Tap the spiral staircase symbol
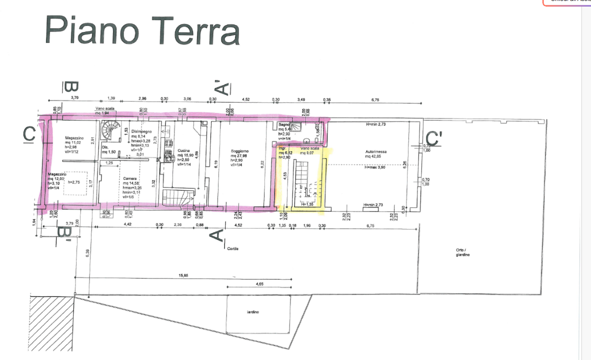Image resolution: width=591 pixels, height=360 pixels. tap(108, 131)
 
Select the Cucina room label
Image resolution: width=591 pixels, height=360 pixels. tap(183, 150)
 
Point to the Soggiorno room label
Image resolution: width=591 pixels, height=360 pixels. tap(239, 150)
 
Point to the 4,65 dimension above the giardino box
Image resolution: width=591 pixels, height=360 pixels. tap(259, 283)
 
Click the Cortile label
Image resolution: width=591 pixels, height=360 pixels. tap(233, 248)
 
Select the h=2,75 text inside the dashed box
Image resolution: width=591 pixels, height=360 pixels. tap(75, 182)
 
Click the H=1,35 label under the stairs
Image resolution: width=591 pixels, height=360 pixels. tap(307, 204)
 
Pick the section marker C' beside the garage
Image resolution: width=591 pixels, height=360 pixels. tap(433, 138)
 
